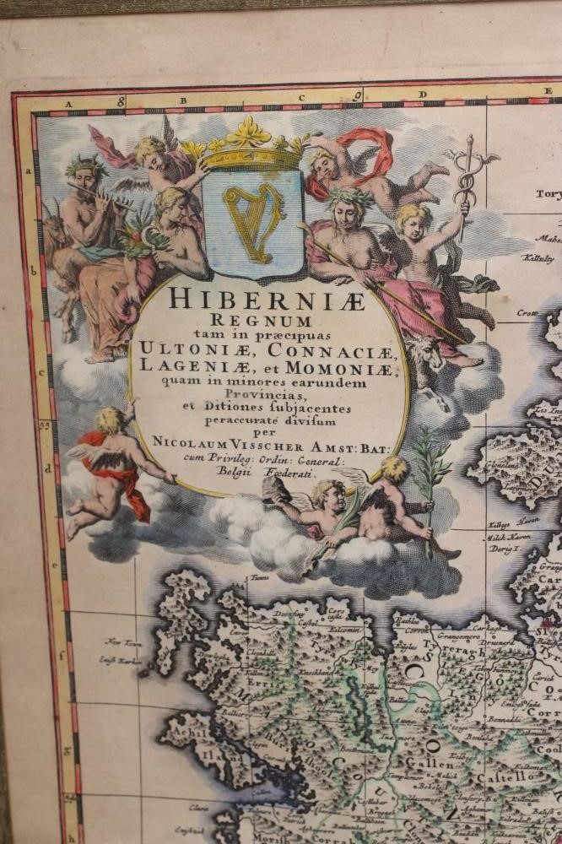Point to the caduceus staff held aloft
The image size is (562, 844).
463,181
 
